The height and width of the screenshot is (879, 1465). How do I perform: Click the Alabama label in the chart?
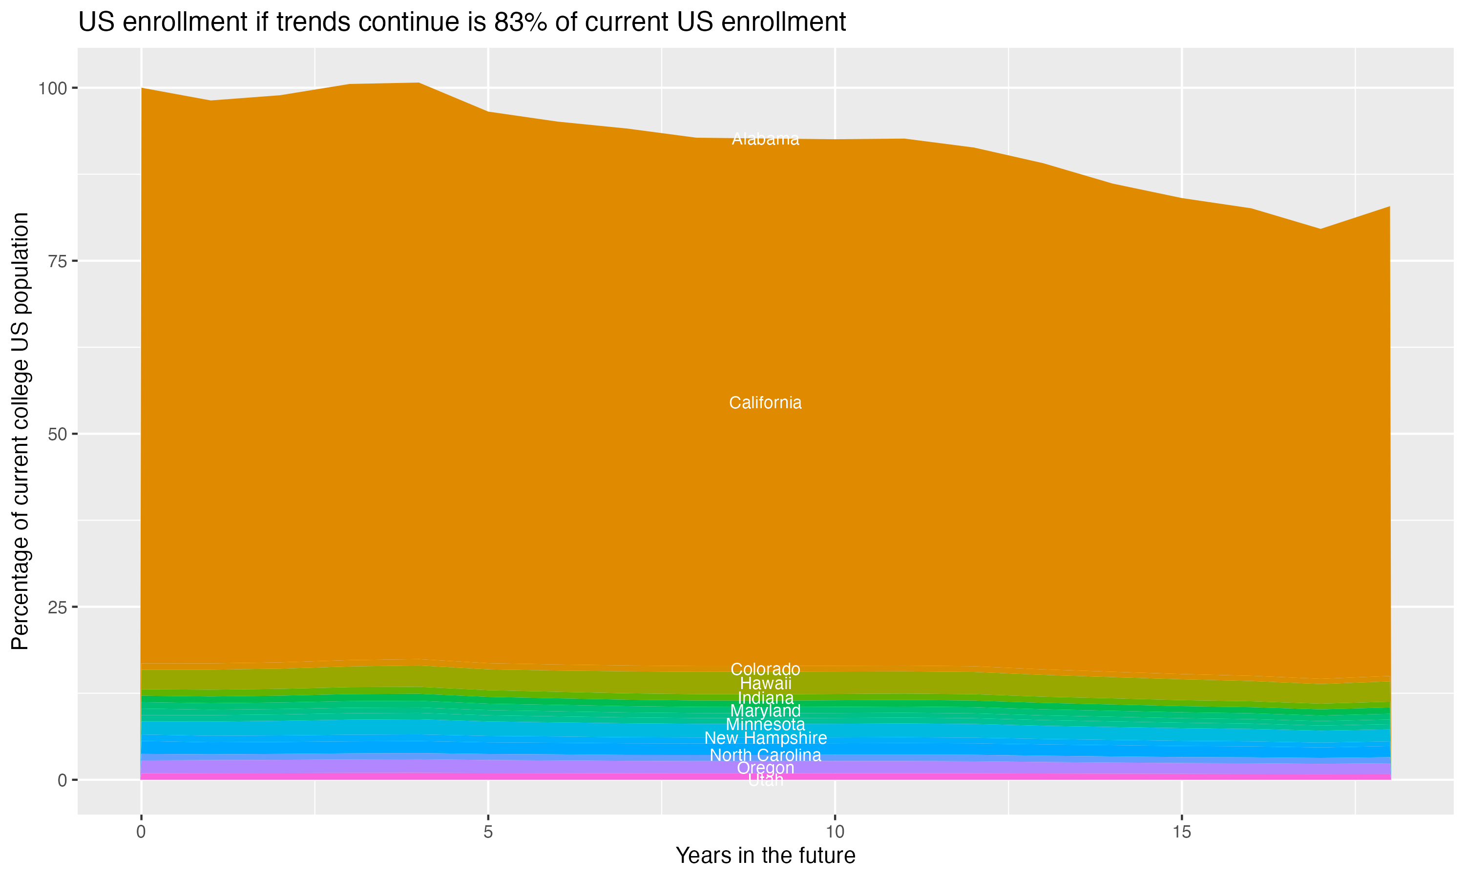coord(765,139)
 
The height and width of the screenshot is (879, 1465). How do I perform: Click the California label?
coord(765,403)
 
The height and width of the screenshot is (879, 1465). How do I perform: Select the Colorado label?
coord(765,670)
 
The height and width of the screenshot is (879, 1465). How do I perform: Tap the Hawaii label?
coord(765,683)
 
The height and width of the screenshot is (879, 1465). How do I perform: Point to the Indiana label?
coord(765,698)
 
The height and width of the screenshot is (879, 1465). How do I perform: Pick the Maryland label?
coord(765,711)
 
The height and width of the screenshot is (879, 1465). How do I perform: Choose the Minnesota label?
coord(765,724)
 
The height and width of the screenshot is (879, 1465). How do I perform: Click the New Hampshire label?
coord(765,738)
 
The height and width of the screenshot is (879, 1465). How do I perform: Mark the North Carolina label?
coord(765,755)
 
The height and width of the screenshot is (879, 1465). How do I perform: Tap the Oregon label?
coord(765,768)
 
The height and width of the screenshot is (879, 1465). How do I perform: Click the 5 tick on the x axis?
coord(488,832)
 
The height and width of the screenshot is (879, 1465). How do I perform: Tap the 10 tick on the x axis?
coord(835,832)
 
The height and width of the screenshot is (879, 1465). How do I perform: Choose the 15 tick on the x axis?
coord(1181,832)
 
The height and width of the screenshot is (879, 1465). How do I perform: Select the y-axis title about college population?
coord(20,431)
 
